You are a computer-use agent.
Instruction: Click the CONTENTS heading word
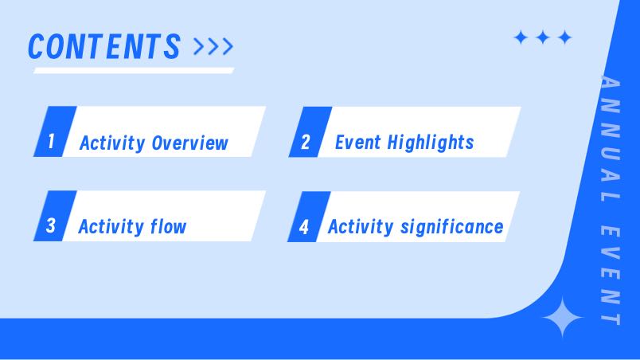coord(104,46)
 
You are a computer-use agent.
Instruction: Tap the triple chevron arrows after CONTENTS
coord(213,46)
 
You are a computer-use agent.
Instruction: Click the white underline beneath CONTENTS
coord(134,71)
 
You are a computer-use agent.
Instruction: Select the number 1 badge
coord(55,131)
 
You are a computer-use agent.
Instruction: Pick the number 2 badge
coord(310,132)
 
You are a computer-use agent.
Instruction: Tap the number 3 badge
coord(55,216)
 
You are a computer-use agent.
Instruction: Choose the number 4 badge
coord(309,217)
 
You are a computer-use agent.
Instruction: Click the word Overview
coord(189,143)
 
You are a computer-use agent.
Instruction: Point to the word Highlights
coord(431,143)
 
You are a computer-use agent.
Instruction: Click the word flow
coord(168,226)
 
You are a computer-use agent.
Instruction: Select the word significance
coord(452,227)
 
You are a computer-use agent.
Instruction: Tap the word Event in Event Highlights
coord(358,143)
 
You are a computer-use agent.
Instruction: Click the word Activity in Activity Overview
coord(112,143)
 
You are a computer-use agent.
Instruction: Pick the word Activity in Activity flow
coord(111,226)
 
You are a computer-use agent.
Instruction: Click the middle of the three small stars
coord(543,37)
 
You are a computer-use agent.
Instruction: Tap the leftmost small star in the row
coord(521,37)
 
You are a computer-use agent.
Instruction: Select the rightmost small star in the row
coord(565,37)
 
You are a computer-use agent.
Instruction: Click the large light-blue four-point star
coord(563,318)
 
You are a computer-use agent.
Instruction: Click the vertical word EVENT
coord(611,276)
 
